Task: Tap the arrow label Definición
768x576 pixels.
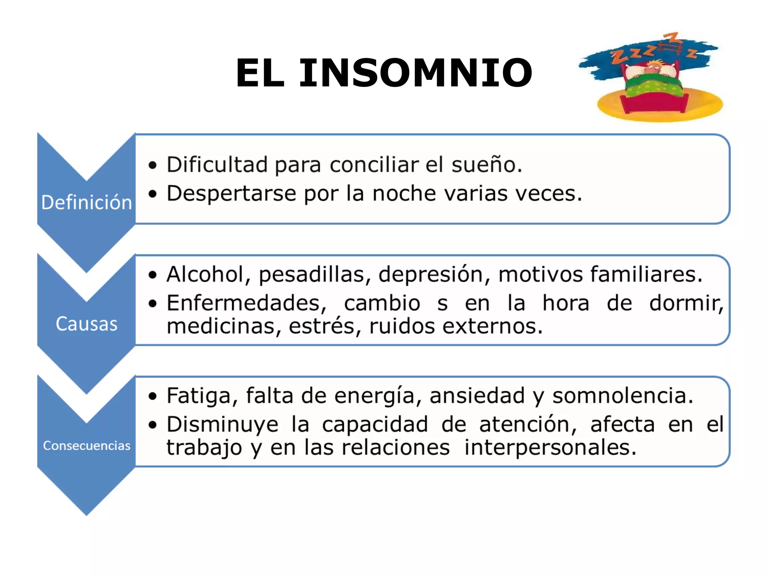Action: (x=87, y=202)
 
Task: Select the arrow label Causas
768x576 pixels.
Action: (x=87, y=324)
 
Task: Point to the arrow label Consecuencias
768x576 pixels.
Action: (x=87, y=445)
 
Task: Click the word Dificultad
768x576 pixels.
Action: (x=217, y=165)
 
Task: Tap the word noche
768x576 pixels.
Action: (x=404, y=193)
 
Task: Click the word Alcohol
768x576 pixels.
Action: (x=205, y=274)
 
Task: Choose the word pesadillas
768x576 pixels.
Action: (x=311, y=275)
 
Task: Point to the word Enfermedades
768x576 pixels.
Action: (x=243, y=303)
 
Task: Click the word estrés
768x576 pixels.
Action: (x=321, y=326)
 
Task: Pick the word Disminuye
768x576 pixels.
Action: (x=222, y=425)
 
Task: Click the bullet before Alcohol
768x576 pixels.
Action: (x=152, y=275)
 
